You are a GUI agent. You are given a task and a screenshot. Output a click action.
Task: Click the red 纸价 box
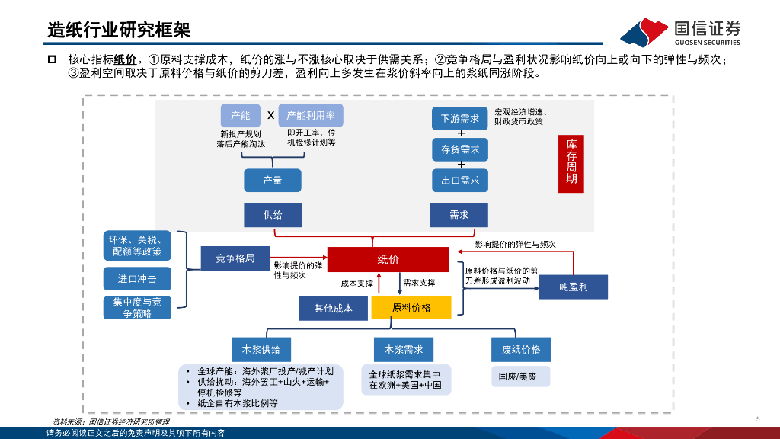click(x=388, y=259)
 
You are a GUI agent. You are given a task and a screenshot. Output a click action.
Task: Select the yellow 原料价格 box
click(x=411, y=307)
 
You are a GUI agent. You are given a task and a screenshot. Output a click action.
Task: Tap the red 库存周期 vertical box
click(x=571, y=161)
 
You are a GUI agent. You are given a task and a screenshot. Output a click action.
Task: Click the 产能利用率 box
click(x=311, y=116)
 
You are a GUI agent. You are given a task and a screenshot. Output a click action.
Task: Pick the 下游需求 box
click(x=460, y=119)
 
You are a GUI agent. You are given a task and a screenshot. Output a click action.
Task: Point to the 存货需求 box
click(x=460, y=149)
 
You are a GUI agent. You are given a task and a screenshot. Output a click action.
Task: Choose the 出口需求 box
click(x=460, y=181)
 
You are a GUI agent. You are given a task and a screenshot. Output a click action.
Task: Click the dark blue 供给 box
click(x=273, y=215)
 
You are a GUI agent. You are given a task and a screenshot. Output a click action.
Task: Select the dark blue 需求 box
click(x=459, y=215)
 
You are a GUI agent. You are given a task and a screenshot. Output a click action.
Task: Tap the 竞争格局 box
click(x=235, y=258)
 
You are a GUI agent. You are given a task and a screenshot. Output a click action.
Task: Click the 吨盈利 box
click(x=574, y=287)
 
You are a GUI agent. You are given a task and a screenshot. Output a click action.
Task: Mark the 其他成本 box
click(x=334, y=308)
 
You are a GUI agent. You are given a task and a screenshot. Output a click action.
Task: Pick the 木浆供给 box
click(x=261, y=349)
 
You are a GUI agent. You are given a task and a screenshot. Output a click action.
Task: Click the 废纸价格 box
click(x=521, y=349)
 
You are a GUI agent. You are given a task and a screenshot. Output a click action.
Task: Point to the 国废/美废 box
click(x=517, y=377)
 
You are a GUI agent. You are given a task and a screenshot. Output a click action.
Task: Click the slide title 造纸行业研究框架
click(x=119, y=30)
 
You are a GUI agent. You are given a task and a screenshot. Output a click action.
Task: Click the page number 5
click(x=758, y=418)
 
